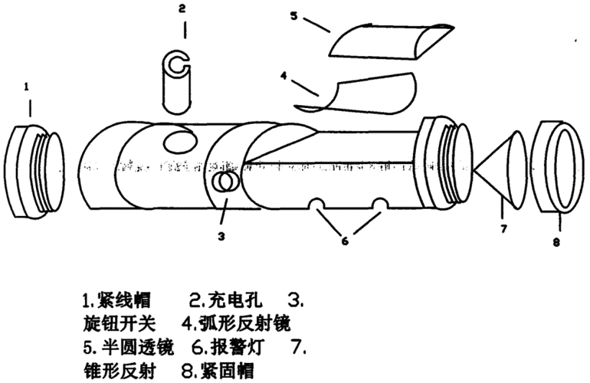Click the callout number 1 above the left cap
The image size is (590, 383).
pos(28,88)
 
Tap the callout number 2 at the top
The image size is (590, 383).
pos(182,9)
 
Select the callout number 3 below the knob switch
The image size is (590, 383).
pos(221,236)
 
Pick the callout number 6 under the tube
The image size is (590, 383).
pos(345,241)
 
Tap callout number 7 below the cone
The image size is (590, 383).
pos(503,228)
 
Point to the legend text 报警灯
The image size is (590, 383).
pos(243,346)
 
